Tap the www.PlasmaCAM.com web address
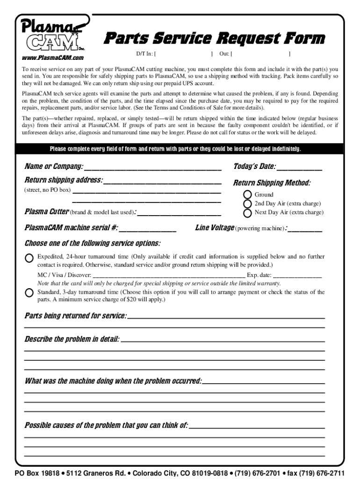click(53, 58)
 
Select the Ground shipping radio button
click(248, 195)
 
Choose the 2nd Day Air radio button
click(248, 203)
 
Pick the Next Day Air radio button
click(248, 213)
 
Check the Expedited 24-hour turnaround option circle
click(29, 258)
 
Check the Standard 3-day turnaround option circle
click(29, 293)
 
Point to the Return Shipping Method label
click(272, 183)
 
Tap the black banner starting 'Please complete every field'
click(180, 149)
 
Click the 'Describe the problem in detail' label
click(72, 339)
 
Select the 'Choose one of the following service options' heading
click(92, 243)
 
